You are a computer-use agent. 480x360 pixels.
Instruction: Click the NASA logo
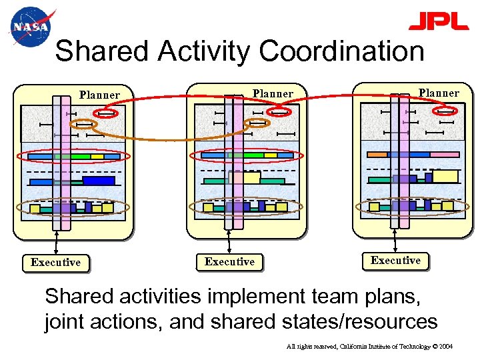pyautogui.click(x=30, y=27)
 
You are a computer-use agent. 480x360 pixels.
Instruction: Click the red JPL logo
pyautogui.click(x=438, y=21)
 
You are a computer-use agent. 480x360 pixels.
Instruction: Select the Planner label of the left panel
pyautogui.click(x=99, y=95)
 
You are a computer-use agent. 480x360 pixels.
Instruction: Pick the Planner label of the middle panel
pyautogui.click(x=273, y=94)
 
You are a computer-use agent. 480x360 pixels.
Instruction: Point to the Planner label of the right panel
pyautogui.click(x=439, y=93)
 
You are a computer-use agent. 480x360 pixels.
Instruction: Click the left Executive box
pyautogui.click(x=55, y=263)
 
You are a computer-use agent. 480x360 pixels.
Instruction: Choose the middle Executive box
pyautogui.click(x=229, y=262)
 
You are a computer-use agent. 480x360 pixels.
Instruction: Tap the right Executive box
pyautogui.click(x=395, y=261)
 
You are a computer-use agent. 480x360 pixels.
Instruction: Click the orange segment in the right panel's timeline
pyautogui.click(x=377, y=155)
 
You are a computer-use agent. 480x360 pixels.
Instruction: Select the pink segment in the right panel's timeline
pyautogui.click(x=444, y=155)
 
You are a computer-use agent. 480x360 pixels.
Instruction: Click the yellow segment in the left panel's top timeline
pyautogui.click(x=97, y=157)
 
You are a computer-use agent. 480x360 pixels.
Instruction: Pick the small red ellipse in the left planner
pyautogui.click(x=106, y=113)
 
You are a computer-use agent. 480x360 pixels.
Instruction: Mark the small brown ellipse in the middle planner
pyautogui.click(x=257, y=123)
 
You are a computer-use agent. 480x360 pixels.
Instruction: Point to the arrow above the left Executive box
pyautogui.click(x=56, y=242)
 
